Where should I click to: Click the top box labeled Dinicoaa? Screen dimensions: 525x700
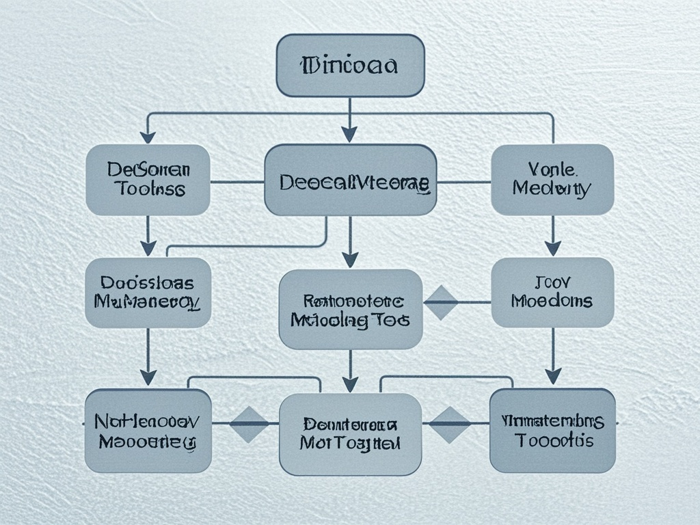350,66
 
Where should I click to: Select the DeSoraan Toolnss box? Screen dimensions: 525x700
148,180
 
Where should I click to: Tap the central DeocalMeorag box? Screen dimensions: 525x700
350,180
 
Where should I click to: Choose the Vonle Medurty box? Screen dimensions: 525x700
552,180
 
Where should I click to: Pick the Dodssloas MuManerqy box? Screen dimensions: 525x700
148,292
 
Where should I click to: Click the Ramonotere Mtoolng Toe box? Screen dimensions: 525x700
350,309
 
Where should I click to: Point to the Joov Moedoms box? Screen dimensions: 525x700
552,292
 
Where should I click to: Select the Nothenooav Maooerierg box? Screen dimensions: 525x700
148,431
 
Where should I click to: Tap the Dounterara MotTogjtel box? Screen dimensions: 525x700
350,434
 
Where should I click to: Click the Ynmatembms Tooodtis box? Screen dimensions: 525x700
552,431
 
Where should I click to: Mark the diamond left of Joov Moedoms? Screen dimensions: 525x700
441,302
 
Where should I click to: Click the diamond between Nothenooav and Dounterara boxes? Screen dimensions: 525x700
249,425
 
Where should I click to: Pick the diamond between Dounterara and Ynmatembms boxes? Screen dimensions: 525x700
449,425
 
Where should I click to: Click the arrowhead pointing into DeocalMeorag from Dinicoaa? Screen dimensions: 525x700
350,134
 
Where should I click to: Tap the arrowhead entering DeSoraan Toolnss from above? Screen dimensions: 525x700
148,136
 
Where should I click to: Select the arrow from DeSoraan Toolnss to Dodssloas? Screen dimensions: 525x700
148,237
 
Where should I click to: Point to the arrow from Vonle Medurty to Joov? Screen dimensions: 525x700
552,237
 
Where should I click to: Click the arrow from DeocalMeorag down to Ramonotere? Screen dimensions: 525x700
350,243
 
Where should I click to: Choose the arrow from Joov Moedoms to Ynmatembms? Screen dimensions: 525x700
552,356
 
